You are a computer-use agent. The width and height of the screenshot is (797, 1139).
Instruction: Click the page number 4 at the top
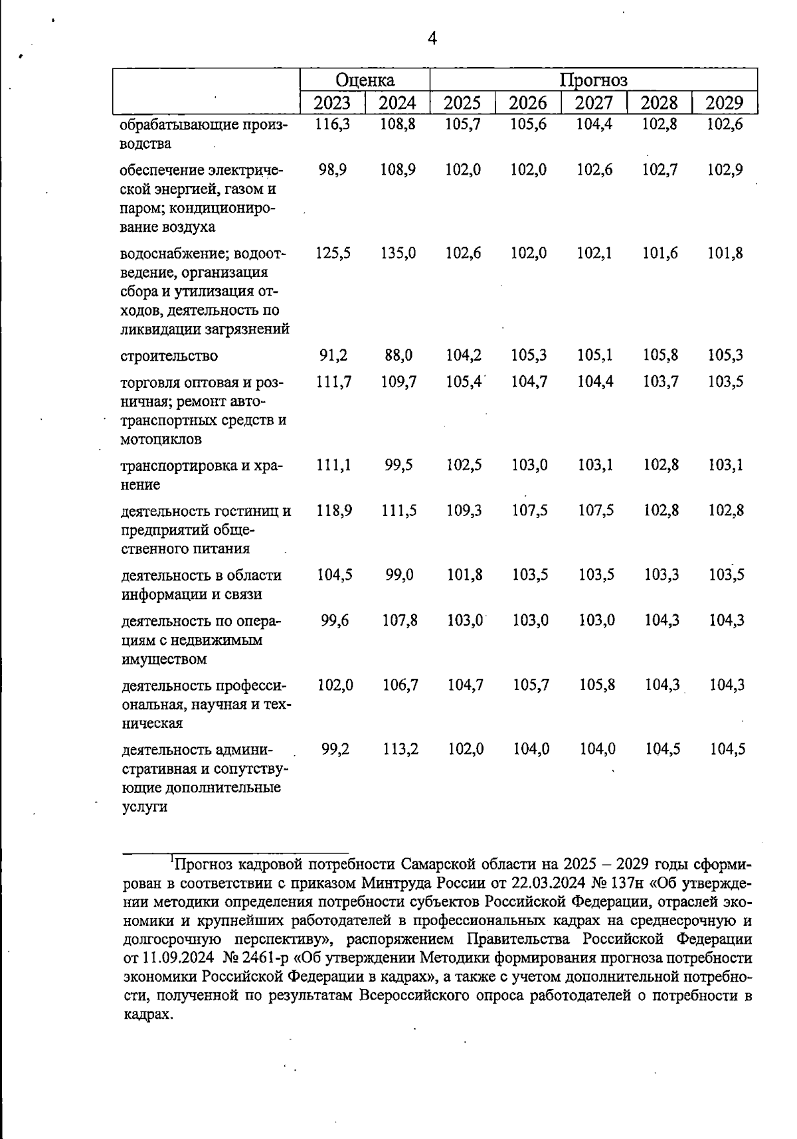432,39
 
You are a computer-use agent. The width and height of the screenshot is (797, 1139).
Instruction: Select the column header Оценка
365,80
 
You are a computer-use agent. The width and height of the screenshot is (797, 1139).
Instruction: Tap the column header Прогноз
593,80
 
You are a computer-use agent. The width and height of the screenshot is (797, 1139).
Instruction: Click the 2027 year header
594,103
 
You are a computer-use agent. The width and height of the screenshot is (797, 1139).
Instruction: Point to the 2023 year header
332,103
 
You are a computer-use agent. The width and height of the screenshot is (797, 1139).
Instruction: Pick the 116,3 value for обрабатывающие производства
333,124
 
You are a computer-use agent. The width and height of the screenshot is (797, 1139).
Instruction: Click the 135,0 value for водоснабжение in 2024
398,253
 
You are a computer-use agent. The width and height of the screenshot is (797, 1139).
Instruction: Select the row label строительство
169,356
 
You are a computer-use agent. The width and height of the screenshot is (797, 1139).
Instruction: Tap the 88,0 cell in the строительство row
398,355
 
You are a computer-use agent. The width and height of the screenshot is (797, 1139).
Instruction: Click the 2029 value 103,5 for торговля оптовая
725,382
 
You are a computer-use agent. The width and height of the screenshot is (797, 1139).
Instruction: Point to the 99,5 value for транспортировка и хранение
398,465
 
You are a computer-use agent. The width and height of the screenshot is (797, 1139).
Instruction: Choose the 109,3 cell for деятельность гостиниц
464,511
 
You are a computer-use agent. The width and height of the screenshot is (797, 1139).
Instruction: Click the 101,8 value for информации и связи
464,574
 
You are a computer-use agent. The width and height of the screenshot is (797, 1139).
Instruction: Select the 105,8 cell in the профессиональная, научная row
596,685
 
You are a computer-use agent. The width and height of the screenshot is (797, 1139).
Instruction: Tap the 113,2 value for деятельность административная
400,749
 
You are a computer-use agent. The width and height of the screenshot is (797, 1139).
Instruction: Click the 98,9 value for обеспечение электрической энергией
333,170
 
